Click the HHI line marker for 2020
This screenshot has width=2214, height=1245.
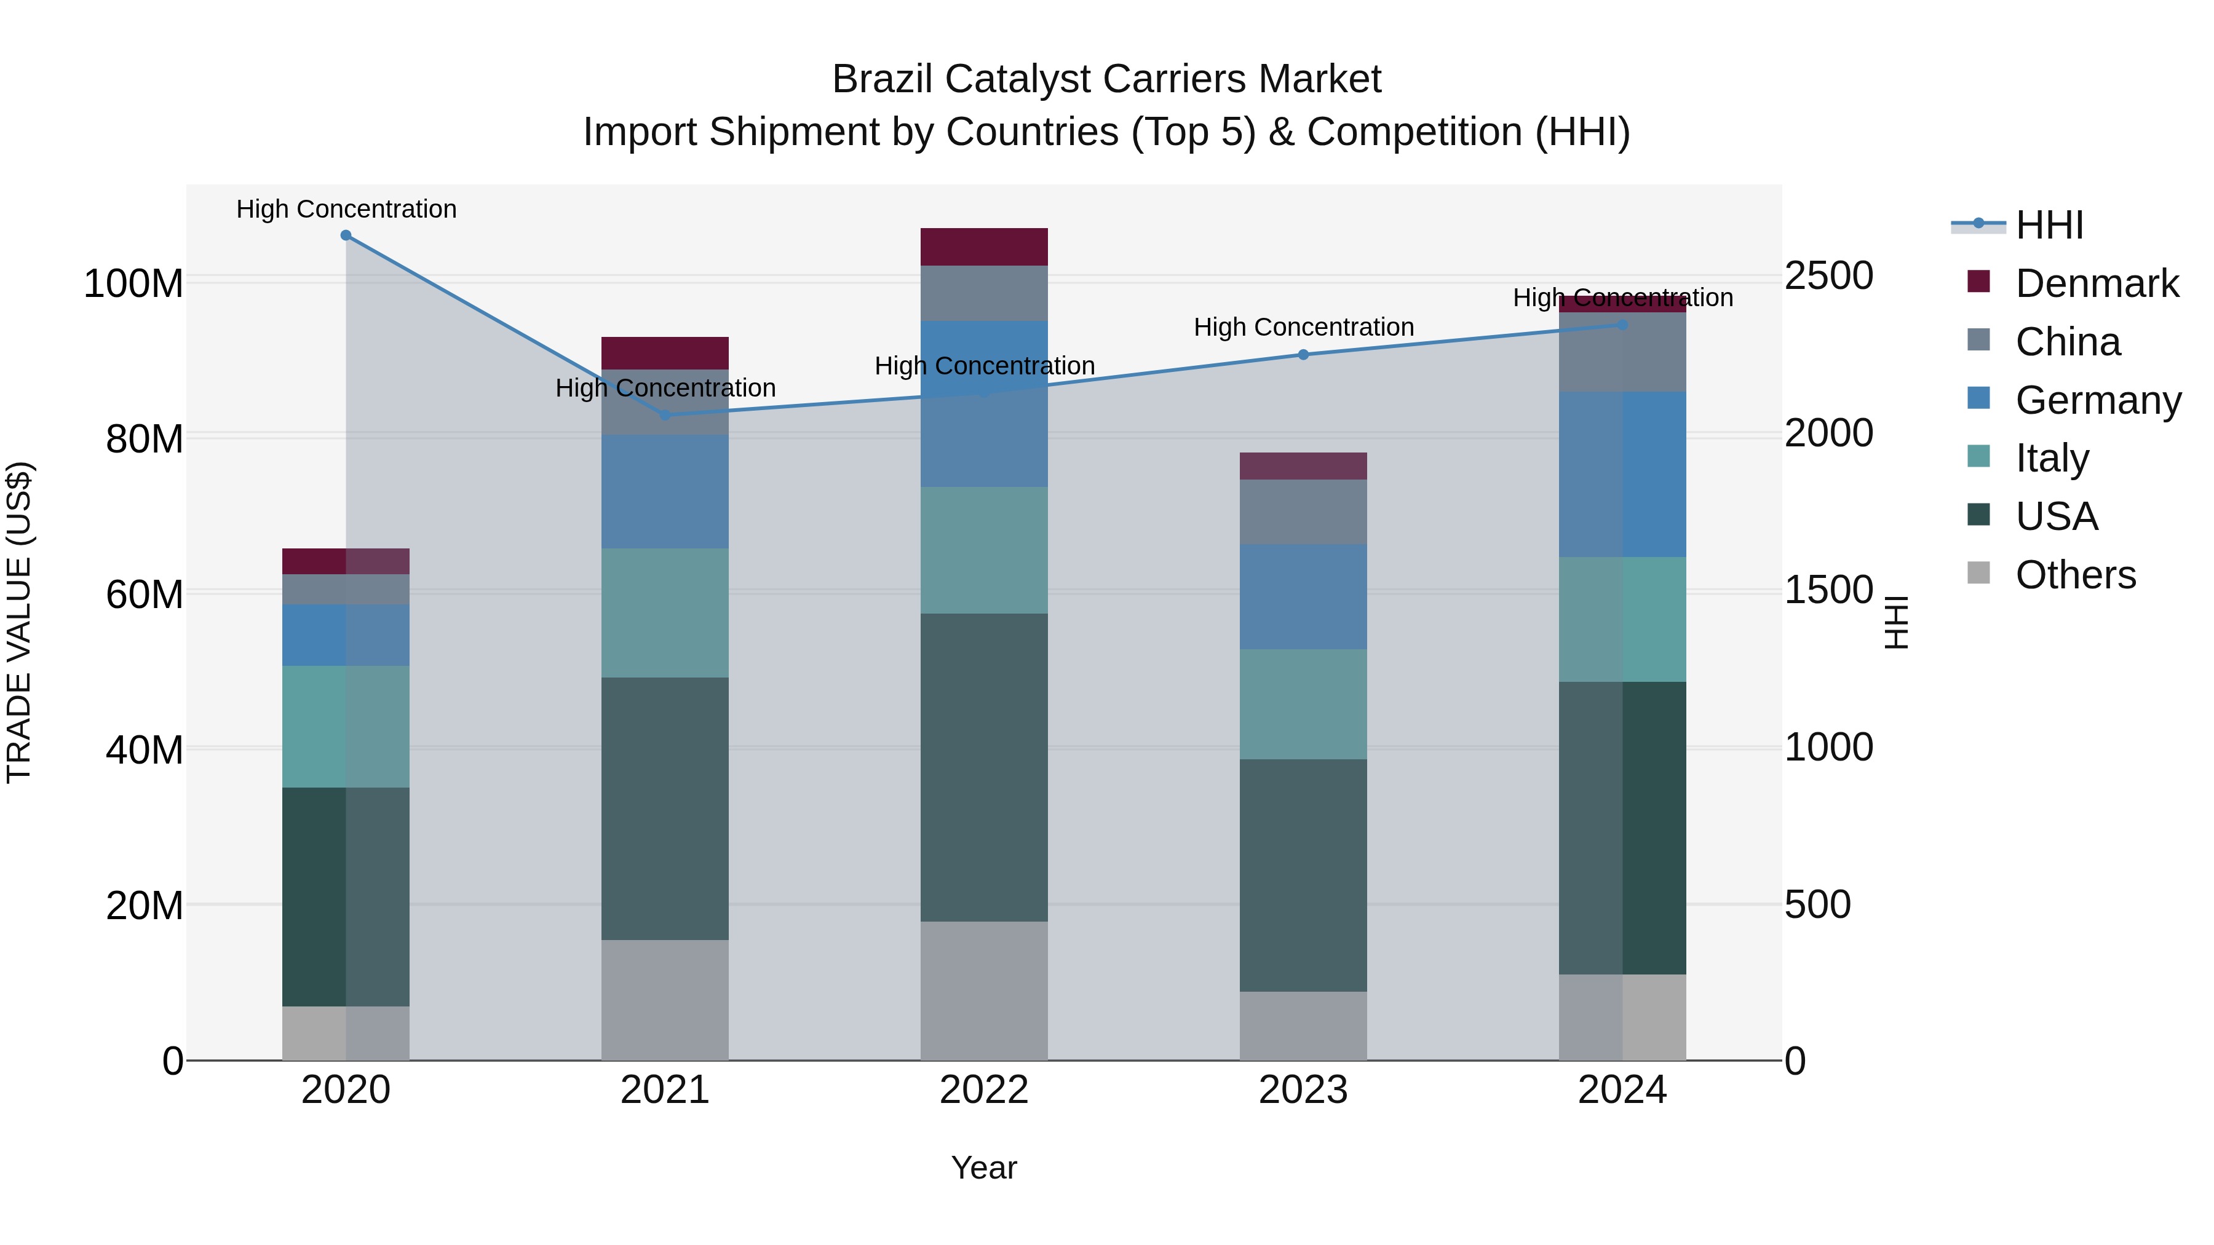[x=346, y=235]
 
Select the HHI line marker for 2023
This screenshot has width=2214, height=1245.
[x=1303, y=355]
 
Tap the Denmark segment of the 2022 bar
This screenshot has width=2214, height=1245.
[x=984, y=247]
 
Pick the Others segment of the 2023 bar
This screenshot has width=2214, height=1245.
[x=1303, y=1026]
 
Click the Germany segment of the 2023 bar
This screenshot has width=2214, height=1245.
[x=1303, y=596]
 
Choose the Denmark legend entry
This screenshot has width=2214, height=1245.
[x=2097, y=283]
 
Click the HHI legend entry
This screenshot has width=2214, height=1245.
[x=2049, y=225]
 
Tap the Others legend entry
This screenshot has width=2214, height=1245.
[x=2075, y=575]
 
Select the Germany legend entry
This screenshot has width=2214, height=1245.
[x=2097, y=400]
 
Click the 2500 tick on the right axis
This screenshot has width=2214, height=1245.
[x=1829, y=276]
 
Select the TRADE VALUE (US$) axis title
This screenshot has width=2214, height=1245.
[x=19, y=622]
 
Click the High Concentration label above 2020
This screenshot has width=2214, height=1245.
[x=346, y=209]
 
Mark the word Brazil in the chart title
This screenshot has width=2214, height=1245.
[x=884, y=79]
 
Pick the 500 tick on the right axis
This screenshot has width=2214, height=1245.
[x=1818, y=905]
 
